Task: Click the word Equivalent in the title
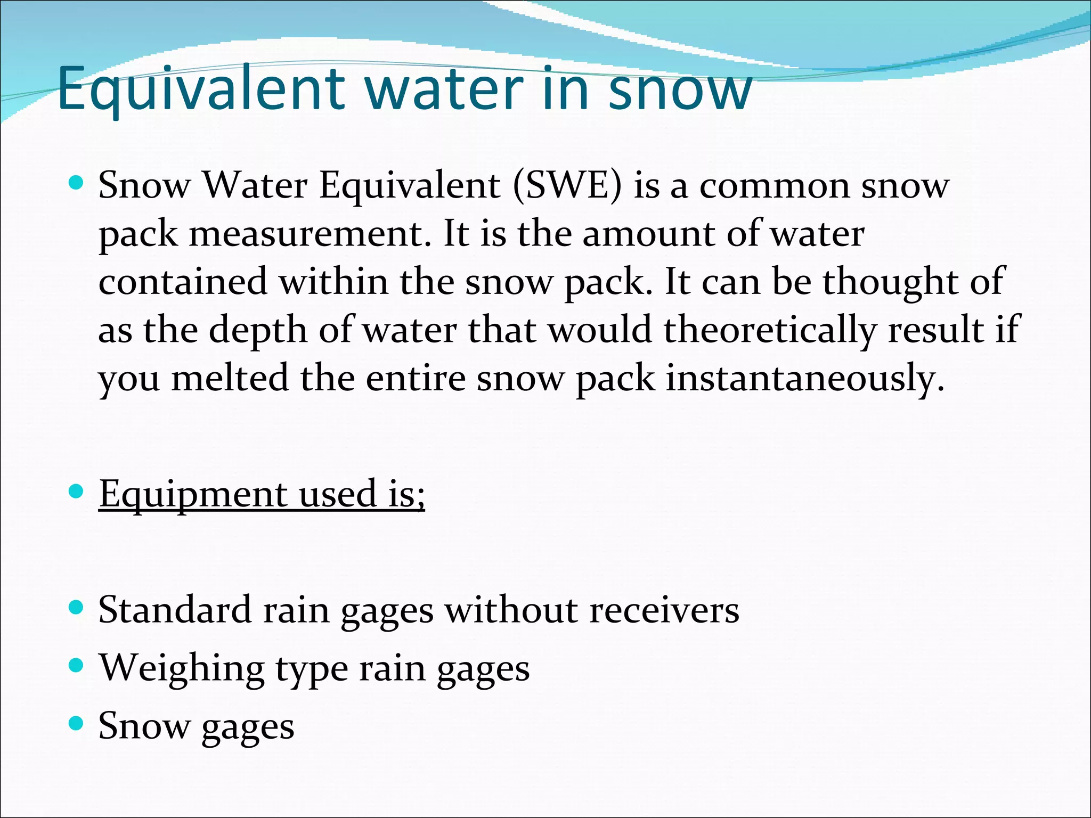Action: (x=202, y=89)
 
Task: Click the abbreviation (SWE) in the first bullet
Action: (x=567, y=186)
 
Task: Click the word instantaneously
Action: (x=805, y=378)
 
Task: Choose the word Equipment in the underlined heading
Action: (x=192, y=494)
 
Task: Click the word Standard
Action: (x=174, y=610)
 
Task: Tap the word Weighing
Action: (x=181, y=668)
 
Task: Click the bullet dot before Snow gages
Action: (x=77, y=723)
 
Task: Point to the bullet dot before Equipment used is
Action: (x=77, y=492)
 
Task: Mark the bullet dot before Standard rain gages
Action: (x=77, y=607)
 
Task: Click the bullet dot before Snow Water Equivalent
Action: (x=77, y=184)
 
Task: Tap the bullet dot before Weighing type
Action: (x=77, y=665)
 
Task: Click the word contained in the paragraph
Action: (x=183, y=282)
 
